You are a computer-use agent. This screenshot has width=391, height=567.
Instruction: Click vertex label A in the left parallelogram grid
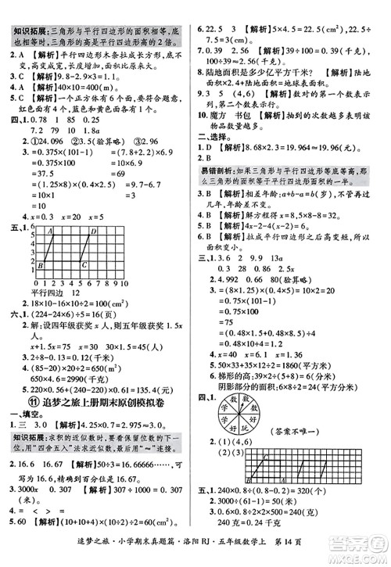click(49, 231)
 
